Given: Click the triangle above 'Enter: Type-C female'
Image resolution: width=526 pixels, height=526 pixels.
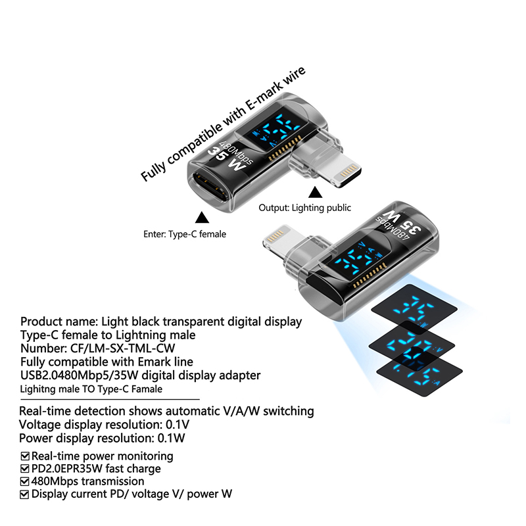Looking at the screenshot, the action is (202, 218).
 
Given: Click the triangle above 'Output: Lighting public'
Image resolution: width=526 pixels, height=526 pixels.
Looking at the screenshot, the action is (315, 193).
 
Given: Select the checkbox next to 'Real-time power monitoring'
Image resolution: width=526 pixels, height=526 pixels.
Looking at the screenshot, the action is (25, 456).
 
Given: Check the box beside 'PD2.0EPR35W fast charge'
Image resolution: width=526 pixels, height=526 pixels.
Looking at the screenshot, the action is (25, 469).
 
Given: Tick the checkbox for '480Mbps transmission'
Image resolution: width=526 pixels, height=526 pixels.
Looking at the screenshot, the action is (25, 482).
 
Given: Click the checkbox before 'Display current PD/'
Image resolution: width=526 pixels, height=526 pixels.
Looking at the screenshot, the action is (25, 494).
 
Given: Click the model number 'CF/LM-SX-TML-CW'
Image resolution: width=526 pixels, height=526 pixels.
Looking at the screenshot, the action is (122, 348).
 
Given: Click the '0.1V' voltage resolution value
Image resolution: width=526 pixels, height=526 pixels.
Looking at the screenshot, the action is (178, 425).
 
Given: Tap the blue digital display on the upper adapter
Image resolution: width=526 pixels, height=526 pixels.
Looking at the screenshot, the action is (277, 131).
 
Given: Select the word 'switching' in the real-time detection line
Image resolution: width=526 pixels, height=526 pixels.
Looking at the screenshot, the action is (288, 412).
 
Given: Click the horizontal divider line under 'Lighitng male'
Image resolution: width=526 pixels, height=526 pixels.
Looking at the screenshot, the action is (110, 400).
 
